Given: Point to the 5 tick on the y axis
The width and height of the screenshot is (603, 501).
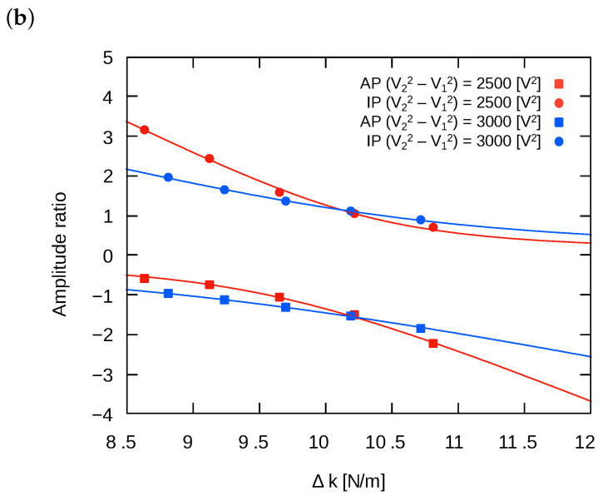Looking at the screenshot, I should click(108, 57).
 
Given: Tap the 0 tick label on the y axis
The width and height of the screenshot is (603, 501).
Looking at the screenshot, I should click(108, 255).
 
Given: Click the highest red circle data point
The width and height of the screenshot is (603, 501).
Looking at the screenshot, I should click(145, 130).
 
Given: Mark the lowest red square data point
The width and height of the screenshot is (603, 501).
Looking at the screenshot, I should click(433, 343).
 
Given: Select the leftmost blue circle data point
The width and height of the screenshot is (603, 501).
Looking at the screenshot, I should click(168, 177).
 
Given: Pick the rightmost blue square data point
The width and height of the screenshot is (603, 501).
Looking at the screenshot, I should click(421, 328).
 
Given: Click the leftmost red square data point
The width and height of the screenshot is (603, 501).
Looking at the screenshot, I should click(145, 278).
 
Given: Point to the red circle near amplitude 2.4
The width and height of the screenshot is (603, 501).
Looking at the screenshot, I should click(210, 159).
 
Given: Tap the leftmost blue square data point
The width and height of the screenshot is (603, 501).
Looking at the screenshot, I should click(168, 293).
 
